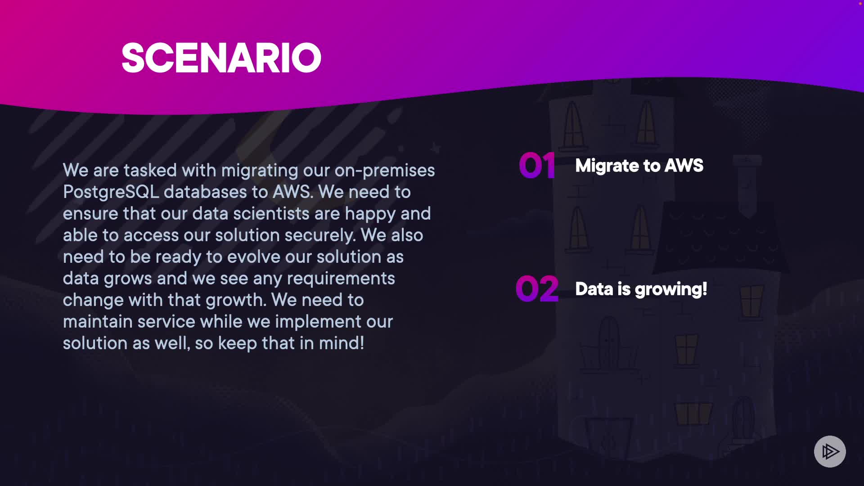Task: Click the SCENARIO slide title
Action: coord(221,58)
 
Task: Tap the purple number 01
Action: coord(537,166)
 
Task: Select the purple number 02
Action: coord(537,288)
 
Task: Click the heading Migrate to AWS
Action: coord(639,166)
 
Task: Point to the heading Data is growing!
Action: coord(641,289)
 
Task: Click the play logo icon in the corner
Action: coord(830,451)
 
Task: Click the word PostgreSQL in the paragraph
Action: coord(111,192)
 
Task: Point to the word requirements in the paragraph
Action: coord(341,279)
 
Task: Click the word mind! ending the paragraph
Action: coord(342,343)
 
